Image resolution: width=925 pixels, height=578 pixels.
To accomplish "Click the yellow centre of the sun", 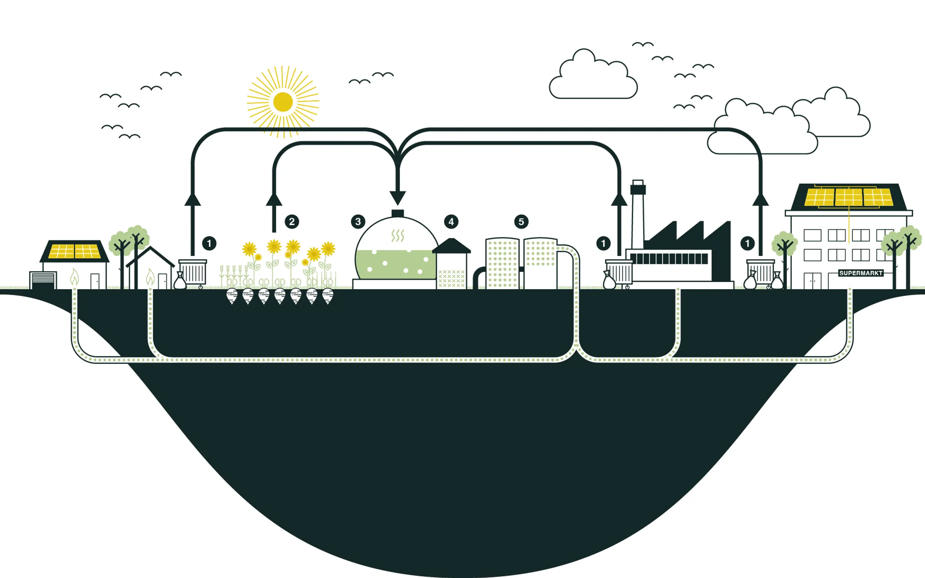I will pos(283,102).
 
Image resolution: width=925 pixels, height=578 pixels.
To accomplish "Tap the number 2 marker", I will pos(292,222).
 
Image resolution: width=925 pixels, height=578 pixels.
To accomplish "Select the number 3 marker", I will pos(358,222).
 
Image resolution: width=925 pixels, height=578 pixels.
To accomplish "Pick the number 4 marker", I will pos(451,222).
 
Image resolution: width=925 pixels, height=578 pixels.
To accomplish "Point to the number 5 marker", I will pos(521,222).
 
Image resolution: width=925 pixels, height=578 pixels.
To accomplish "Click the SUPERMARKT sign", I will pos(861,273).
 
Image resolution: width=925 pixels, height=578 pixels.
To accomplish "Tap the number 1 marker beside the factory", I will pos(603,243).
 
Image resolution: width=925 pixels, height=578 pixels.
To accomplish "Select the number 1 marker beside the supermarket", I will pos(747,243).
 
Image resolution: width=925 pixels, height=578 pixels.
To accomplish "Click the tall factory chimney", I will pos(638,214).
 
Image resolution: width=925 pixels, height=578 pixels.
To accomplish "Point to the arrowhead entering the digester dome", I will pos(398,197).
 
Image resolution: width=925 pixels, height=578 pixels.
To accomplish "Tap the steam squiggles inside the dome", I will pos(398,236).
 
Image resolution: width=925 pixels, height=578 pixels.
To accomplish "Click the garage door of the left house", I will pos(43,280).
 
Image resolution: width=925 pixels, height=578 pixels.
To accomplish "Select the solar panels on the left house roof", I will pos(75,251).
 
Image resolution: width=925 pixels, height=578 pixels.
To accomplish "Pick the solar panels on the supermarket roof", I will pos(848,197).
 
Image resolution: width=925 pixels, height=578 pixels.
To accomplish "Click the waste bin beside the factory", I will pos(619,272).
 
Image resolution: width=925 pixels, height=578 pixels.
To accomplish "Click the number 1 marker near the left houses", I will pos(209,243).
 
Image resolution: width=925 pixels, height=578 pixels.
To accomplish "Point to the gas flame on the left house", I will pos(75,277).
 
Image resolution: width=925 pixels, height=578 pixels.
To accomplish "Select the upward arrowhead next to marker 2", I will pos(274,200).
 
